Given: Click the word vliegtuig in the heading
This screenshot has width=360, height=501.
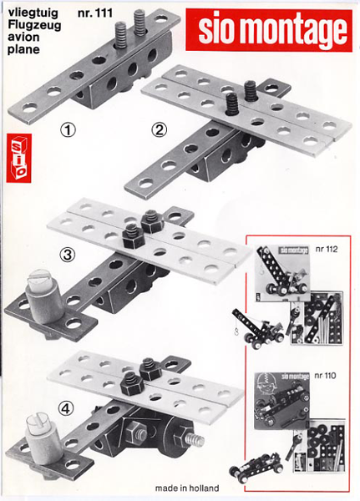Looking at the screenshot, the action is [x=33, y=13].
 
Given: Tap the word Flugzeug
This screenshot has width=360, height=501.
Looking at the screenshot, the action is [x=34, y=25].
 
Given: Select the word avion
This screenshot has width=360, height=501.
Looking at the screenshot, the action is [x=23, y=37].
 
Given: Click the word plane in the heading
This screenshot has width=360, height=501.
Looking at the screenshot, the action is [x=24, y=49].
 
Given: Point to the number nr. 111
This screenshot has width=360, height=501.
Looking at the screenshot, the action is [x=95, y=13].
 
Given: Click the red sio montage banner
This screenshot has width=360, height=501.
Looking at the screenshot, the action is [x=269, y=30].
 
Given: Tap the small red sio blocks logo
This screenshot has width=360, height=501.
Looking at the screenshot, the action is [x=19, y=158].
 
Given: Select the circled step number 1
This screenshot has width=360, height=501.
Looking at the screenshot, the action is [x=68, y=130].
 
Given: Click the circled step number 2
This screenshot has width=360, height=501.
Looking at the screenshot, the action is [x=159, y=130].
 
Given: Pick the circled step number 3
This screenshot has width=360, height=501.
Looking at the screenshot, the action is [x=68, y=255].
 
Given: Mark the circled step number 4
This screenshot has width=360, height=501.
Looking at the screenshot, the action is [x=66, y=408].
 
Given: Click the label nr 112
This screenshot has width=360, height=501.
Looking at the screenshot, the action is [x=327, y=249].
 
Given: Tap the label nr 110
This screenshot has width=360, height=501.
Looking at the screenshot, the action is [x=325, y=376].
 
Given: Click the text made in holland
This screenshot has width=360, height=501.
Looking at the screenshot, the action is [x=187, y=488].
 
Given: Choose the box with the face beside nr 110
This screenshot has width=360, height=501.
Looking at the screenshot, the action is [x=282, y=401].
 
